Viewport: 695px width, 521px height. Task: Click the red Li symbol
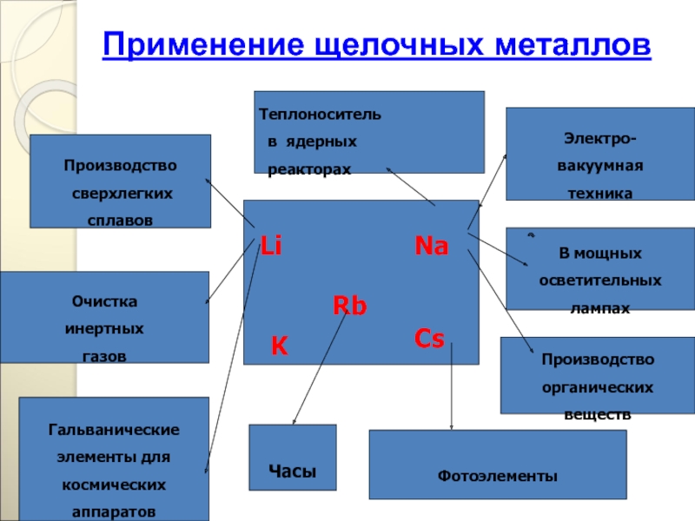click(272, 247)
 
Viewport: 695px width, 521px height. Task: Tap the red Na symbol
click(431, 247)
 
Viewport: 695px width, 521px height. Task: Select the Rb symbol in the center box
click(350, 306)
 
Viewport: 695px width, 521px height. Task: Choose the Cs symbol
click(429, 339)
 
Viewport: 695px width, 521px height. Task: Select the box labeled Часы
click(292, 471)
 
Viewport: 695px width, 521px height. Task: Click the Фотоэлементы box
click(498, 477)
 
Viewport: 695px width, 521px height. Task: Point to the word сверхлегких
click(120, 193)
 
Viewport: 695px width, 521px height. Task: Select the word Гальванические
click(114, 430)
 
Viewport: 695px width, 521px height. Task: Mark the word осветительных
click(599, 280)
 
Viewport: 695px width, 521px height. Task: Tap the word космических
click(114, 483)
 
